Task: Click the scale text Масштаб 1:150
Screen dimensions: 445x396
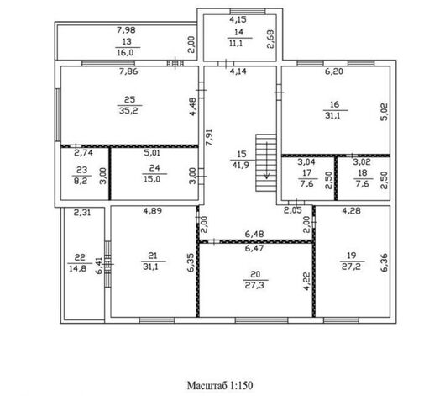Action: (x=220, y=385)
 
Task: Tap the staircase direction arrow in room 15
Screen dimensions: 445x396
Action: (x=266, y=161)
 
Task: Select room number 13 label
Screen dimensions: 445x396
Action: (x=127, y=41)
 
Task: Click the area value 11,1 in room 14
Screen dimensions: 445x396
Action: (x=234, y=43)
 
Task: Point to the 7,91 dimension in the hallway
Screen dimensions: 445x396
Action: (x=209, y=138)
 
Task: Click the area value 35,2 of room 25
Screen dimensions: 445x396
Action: (x=128, y=111)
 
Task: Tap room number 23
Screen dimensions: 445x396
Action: (x=81, y=170)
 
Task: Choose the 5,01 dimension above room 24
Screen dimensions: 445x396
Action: (x=152, y=153)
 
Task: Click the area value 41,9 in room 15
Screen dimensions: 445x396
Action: (x=241, y=165)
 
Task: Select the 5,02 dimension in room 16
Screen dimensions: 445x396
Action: (x=384, y=112)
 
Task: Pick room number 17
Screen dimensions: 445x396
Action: (x=306, y=173)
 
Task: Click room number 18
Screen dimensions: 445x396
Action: (x=363, y=173)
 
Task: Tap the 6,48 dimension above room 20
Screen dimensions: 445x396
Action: (x=254, y=234)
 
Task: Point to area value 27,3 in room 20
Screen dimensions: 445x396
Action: (x=254, y=285)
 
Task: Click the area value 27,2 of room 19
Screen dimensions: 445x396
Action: (x=351, y=267)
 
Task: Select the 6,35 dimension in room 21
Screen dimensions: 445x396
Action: (x=191, y=262)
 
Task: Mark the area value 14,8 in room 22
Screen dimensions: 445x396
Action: (x=78, y=268)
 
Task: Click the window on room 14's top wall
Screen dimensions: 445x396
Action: (x=248, y=12)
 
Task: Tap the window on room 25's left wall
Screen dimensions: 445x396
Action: (x=58, y=115)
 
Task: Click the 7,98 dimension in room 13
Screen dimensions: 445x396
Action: (x=126, y=30)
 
